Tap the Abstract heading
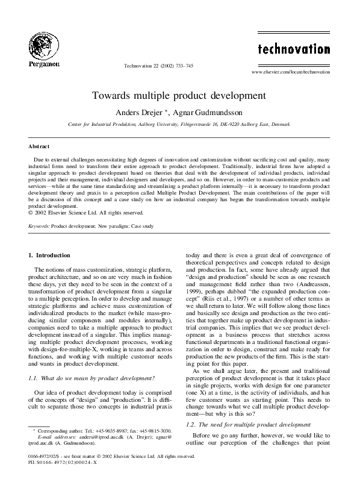(39, 146)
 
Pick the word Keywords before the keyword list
(39, 226)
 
